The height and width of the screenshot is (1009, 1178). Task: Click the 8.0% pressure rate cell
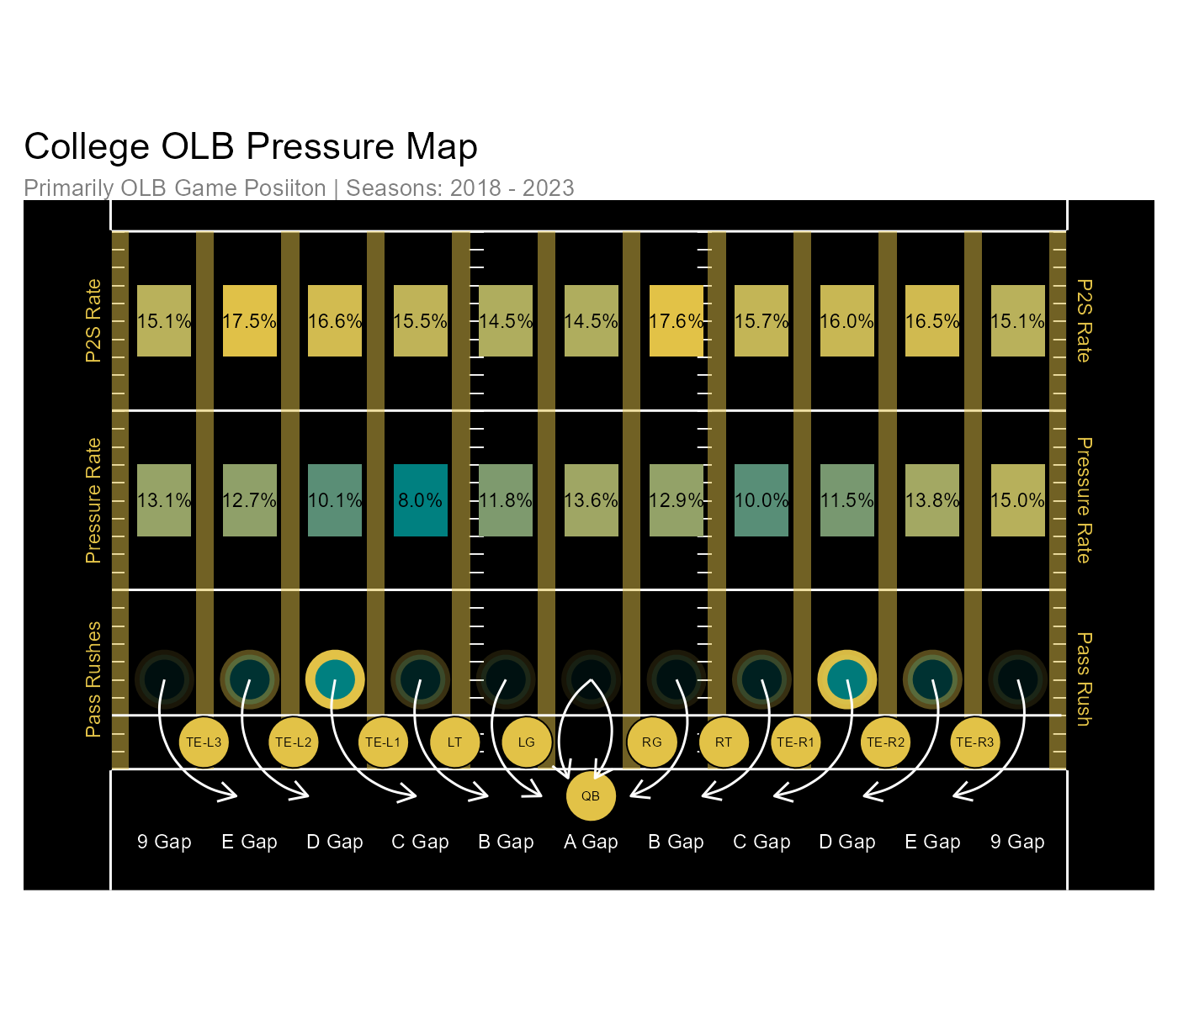click(420, 500)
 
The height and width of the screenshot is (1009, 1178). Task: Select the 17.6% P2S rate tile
click(677, 321)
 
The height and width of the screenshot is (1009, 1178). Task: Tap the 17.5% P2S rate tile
click(250, 321)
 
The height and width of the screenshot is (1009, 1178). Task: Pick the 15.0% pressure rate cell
click(1017, 500)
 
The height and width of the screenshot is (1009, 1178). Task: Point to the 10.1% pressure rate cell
click(335, 500)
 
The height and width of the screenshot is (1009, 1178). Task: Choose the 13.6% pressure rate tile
click(591, 500)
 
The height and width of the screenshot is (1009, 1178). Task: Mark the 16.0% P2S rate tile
click(846, 321)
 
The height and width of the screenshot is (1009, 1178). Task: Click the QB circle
click(591, 795)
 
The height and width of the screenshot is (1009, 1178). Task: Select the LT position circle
click(454, 742)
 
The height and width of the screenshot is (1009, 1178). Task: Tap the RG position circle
click(651, 742)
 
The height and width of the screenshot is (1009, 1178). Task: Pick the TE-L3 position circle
click(204, 742)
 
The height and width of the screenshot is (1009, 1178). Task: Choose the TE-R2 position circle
click(885, 742)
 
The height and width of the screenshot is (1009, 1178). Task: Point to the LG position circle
click(526, 742)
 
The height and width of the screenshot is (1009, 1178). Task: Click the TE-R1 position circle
click(795, 742)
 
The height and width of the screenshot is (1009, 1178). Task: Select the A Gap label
click(591, 842)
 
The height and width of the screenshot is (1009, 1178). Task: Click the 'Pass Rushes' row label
click(93, 679)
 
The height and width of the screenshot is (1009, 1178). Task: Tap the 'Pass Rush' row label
click(1084, 679)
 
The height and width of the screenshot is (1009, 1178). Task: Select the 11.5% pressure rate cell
click(846, 500)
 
